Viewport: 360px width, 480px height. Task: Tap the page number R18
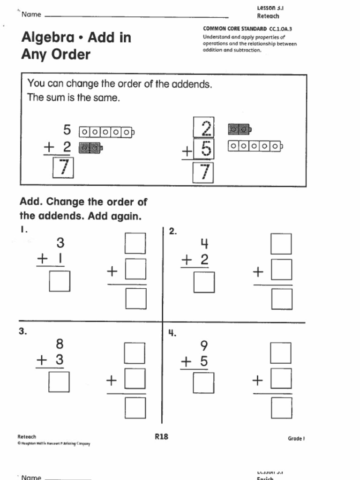coord(161,436)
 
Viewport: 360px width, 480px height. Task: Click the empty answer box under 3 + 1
coord(60,281)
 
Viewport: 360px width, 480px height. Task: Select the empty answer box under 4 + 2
coord(204,282)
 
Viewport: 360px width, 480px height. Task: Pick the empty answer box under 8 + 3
coord(59,382)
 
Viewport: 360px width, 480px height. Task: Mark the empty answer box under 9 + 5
coord(203,382)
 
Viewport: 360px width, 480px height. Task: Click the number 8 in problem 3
coord(60,345)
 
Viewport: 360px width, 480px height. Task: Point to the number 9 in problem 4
coord(203,346)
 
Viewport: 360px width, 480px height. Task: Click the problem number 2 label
coord(172,231)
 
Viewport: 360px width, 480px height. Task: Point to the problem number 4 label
coord(172,333)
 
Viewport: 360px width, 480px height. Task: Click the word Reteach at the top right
coord(268,16)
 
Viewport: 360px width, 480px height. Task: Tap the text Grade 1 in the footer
coord(296,439)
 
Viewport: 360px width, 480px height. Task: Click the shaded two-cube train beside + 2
coord(90,148)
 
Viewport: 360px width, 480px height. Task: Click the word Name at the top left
coord(31,15)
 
